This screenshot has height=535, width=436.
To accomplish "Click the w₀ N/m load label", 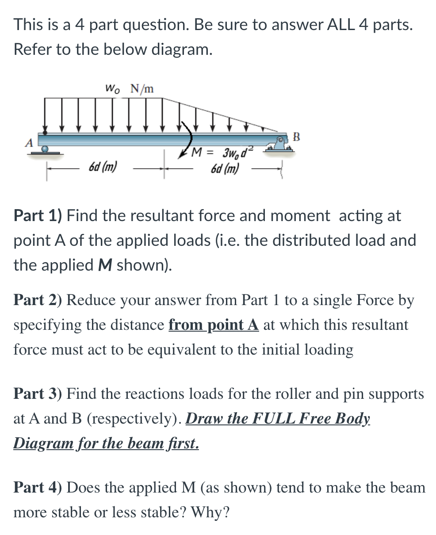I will click(x=129, y=88).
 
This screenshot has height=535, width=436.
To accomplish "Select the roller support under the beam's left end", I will click(x=45, y=151).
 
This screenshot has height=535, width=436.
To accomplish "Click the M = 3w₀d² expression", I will click(x=222, y=153).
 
